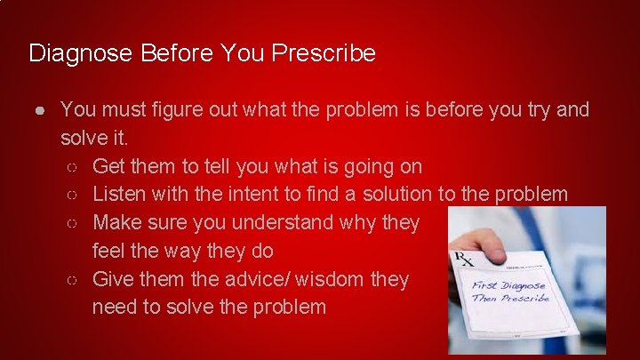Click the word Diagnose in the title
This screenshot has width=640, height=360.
80,54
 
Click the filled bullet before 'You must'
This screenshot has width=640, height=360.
41,110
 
